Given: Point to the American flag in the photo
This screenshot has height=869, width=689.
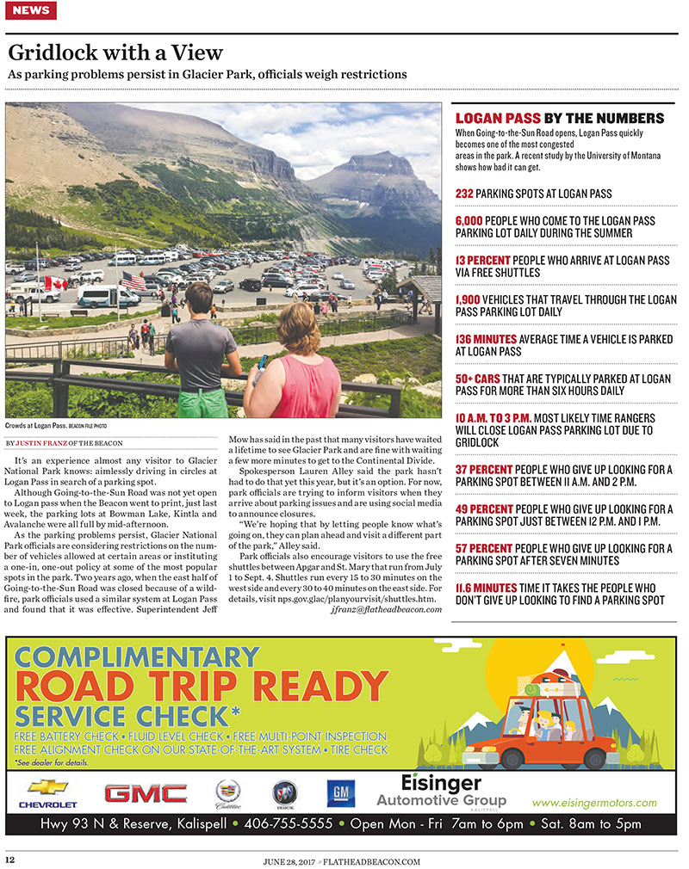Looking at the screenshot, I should (x=133, y=281).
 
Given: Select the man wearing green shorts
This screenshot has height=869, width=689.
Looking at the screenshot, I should (x=200, y=353).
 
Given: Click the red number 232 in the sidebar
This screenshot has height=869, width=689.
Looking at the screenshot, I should (x=464, y=194).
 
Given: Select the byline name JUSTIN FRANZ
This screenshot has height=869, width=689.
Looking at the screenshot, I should (x=42, y=443).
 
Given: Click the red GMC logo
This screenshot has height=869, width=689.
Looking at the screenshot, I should (x=145, y=793).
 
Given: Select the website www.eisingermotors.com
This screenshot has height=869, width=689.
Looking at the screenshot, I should (x=593, y=803).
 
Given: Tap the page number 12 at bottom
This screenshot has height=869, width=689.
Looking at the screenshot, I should (x=10, y=860).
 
